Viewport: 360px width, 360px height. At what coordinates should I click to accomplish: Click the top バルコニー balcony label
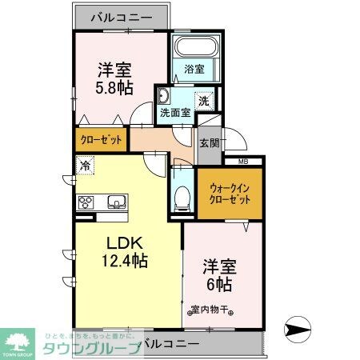pos(122,15)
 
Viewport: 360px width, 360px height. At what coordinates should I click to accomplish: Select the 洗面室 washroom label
pos(174,113)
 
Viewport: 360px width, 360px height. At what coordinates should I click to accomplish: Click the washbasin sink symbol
pos(163,97)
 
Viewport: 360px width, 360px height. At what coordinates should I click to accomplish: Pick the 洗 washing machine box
pos(204,102)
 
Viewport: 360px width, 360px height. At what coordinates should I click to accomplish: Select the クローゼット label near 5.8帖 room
pos(102,140)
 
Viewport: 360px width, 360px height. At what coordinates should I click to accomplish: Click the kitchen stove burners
pos(86,202)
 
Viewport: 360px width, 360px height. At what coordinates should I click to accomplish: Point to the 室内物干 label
pos(212,311)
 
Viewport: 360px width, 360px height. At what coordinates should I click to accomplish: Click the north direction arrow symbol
pos(298,328)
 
